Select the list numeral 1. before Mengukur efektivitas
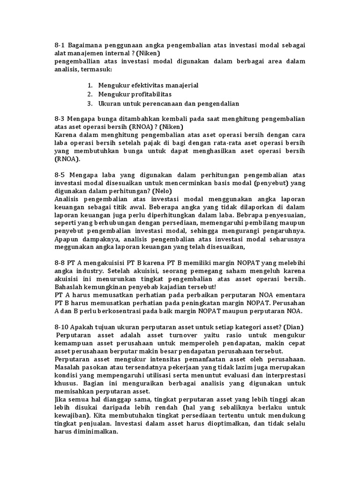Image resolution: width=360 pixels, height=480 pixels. coord(90,85)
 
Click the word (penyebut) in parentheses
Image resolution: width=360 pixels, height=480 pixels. coord(276,183)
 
